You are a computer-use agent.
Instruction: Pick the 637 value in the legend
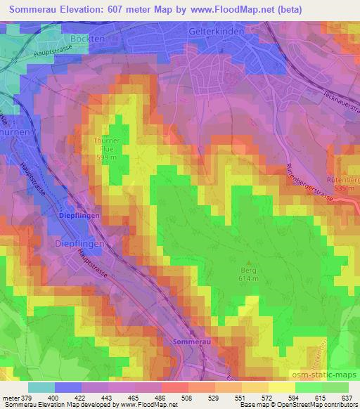346,397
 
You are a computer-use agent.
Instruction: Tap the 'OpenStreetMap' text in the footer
307,405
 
